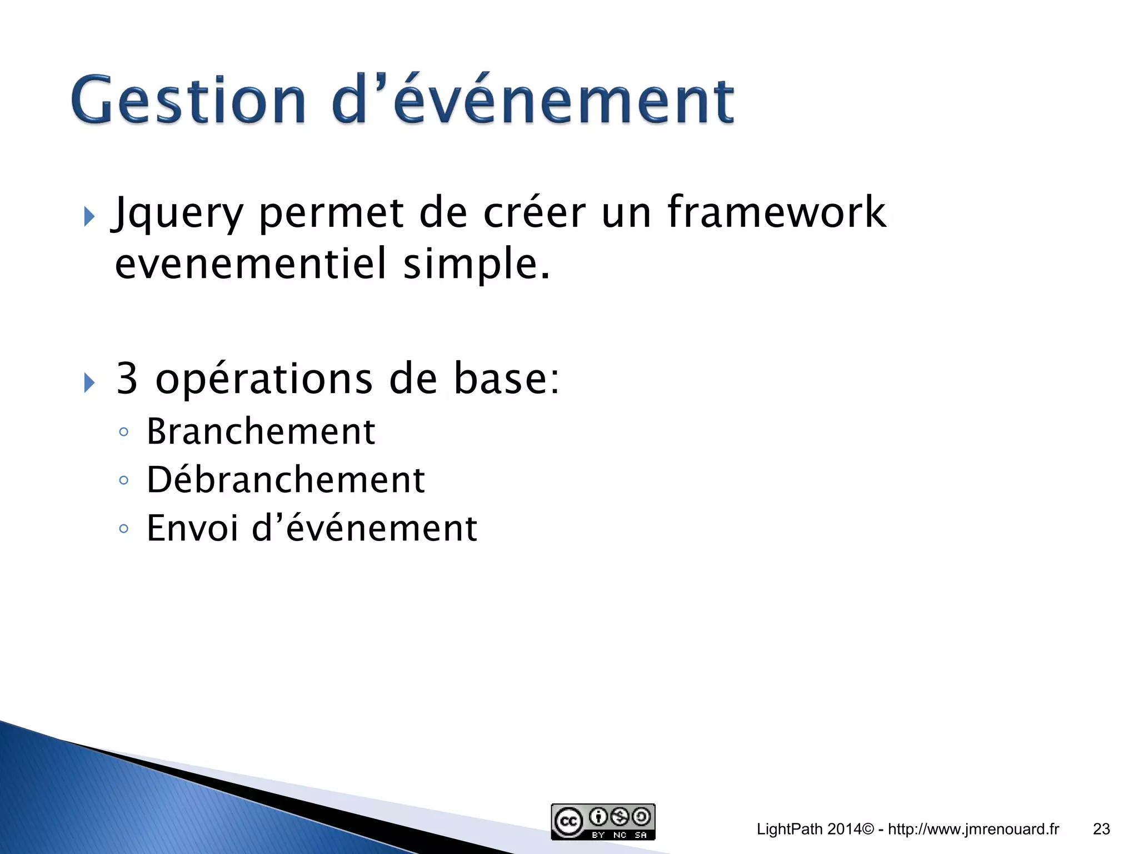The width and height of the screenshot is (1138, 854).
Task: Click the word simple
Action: point(476,265)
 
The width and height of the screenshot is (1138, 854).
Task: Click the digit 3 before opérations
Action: point(127,379)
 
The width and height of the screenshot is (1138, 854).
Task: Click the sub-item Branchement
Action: point(261,431)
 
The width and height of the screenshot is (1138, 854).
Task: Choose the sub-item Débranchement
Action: point(286,480)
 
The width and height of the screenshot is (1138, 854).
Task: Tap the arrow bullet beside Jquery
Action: point(89,216)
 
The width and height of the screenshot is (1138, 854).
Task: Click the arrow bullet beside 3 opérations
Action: point(89,383)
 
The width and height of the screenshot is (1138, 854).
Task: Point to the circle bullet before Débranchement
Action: point(124,480)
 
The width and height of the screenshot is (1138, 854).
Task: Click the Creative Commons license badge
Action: point(603,822)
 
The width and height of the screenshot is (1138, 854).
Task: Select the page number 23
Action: point(1101,829)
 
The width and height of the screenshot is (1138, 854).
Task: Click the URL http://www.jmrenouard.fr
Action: point(973,829)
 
